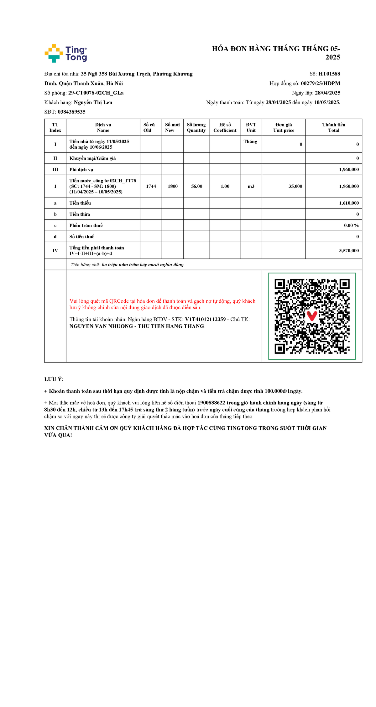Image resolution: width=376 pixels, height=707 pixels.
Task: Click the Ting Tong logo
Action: click(x=66, y=53)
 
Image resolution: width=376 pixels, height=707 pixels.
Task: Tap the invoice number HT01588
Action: click(x=329, y=74)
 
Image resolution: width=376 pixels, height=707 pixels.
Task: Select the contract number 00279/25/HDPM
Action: click(x=320, y=83)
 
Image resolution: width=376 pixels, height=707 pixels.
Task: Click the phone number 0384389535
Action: click(x=71, y=112)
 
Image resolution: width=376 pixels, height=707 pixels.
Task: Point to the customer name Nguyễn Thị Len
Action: click(x=93, y=102)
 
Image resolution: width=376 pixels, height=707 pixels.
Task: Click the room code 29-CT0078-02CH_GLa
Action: click(x=96, y=93)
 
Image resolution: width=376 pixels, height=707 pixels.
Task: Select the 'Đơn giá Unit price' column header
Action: click(x=284, y=127)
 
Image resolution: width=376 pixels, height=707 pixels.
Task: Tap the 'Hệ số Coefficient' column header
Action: click(x=225, y=127)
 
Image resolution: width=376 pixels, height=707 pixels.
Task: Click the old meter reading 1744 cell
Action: click(x=151, y=186)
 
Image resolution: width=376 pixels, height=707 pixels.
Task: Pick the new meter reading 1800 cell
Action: click(x=172, y=186)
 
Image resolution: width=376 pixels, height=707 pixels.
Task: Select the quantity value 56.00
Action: click(x=196, y=186)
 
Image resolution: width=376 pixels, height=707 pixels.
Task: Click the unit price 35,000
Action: click(x=295, y=186)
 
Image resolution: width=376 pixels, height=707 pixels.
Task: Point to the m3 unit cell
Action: click(x=251, y=186)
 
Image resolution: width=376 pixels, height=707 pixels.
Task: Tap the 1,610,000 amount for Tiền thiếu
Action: click(x=349, y=203)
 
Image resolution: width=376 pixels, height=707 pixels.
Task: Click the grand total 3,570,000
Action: click(x=349, y=251)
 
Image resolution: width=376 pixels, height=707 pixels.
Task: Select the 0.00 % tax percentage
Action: click(x=351, y=225)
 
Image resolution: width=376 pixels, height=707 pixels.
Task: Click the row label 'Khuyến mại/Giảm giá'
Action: click(x=92, y=158)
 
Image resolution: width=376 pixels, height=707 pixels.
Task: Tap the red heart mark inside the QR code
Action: click(x=312, y=316)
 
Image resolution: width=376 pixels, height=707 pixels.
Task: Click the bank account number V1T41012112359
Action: click(x=205, y=319)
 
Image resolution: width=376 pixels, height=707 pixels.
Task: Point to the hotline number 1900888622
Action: click(x=211, y=403)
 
